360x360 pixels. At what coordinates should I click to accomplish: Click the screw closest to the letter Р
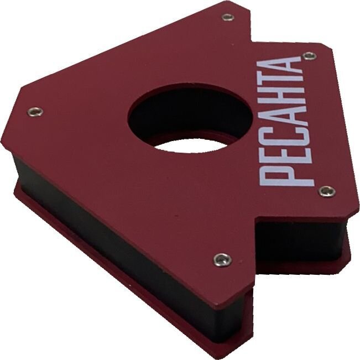327,191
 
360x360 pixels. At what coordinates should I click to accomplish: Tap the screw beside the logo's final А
310,55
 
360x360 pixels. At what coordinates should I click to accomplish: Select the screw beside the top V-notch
228,17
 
